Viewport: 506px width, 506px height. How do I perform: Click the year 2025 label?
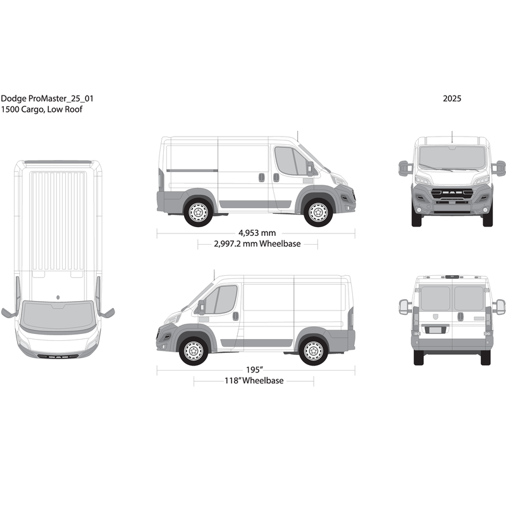(x=452, y=99)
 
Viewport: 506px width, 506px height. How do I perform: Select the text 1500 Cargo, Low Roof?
(x=42, y=109)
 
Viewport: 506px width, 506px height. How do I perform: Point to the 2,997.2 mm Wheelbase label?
(x=257, y=244)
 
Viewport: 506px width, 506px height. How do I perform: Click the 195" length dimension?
(x=256, y=369)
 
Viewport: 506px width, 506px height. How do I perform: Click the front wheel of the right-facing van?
(x=318, y=212)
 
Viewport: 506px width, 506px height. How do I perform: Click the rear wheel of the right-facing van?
(x=199, y=212)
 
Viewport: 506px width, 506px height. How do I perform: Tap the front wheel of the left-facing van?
(x=194, y=350)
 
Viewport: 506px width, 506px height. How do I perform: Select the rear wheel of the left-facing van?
(x=313, y=350)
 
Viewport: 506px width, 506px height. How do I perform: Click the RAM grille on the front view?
(x=452, y=190)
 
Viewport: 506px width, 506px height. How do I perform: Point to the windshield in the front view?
(x=452, y=157)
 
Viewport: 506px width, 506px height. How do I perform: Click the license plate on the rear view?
(x=434, y=329)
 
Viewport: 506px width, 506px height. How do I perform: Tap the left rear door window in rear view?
(x=435, y=299)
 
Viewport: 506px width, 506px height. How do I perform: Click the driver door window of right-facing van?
(x=290, y=162)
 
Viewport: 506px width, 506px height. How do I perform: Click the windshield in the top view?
(x=58, y=316)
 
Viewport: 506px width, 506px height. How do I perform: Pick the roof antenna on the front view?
(x=452, y=135)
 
